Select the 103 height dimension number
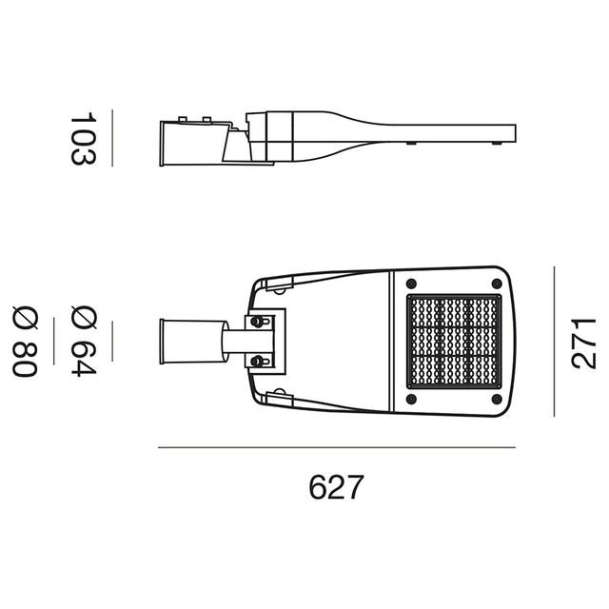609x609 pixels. pyautogui.click(x=84, y=139)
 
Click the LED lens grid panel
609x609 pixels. pyautogui.click(x=455, y=342)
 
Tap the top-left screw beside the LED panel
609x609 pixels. pyautogui.click(x=411, y=284)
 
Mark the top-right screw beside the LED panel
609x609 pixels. pyautogui.click(x=497, y=284)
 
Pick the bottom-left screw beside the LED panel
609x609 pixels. pyautogui.click(x=411, y=400)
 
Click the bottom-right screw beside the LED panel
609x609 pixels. pyautogui.click(x=497, y=400)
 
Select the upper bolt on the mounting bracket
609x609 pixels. pyautogui.click(x=257, y=323)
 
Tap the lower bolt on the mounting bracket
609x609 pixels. pyautogui.click(x=257, y=361)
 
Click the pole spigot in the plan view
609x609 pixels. pyautogui.click(x=181, y=341)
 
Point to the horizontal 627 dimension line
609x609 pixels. pyautogui.click(x=336, y=447)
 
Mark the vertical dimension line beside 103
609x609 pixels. pyautogui.click(x=113, y=139)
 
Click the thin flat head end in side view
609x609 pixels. pyautogui.click(x=466, y=133)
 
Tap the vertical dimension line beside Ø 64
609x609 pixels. pyautogui.click(x=113, y=342)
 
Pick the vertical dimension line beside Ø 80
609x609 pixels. pyautogui.click(x=54, y=342)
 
